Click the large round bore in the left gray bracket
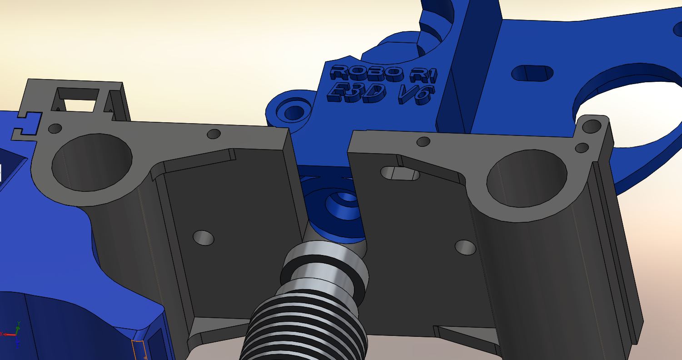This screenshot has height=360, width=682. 92,162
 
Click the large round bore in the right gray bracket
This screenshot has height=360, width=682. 527,179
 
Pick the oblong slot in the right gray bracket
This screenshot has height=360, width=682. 400,173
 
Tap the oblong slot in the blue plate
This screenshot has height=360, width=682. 532,73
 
